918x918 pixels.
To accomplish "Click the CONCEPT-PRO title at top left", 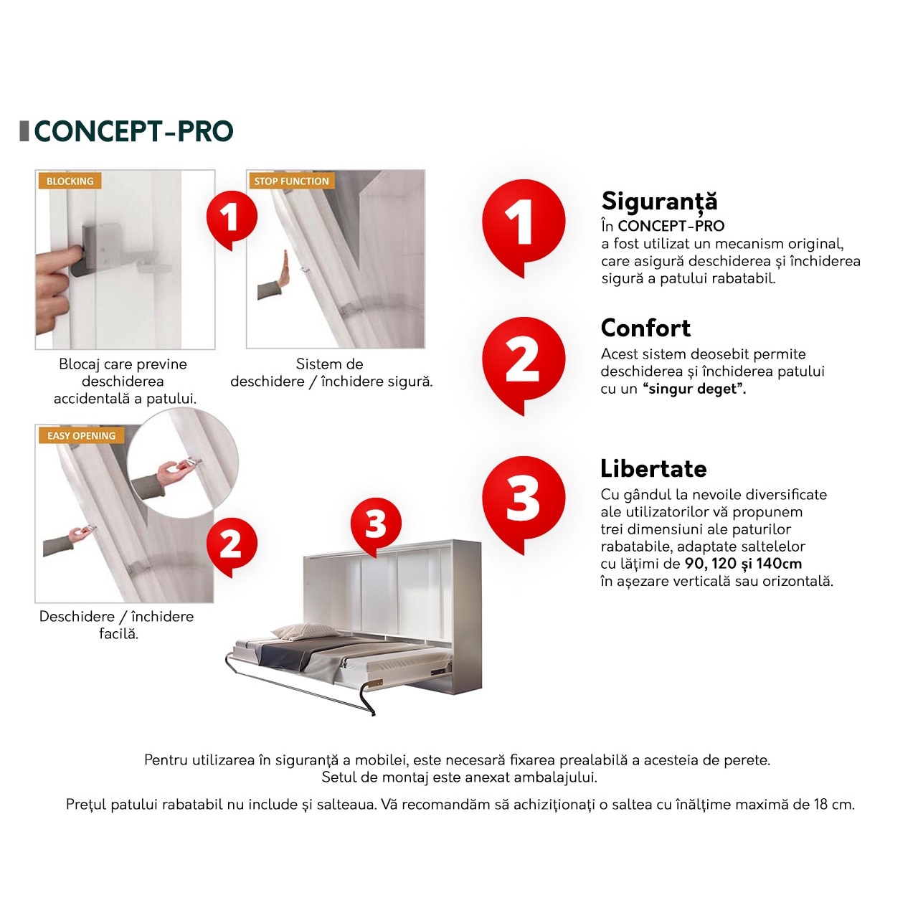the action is (134, 131).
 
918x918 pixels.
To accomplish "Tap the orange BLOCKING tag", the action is (70, 181).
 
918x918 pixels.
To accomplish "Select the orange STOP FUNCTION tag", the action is (292, 181).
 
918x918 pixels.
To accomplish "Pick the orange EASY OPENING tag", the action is (82, 435).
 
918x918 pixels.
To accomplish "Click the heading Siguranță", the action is (659, 201).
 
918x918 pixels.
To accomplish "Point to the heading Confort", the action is (645, 328).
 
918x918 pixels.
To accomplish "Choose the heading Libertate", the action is (653, 468).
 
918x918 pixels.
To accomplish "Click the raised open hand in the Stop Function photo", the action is (284, 269).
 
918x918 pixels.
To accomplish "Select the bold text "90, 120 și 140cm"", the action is (743, 564).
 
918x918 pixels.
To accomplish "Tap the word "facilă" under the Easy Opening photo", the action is (118, 634).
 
